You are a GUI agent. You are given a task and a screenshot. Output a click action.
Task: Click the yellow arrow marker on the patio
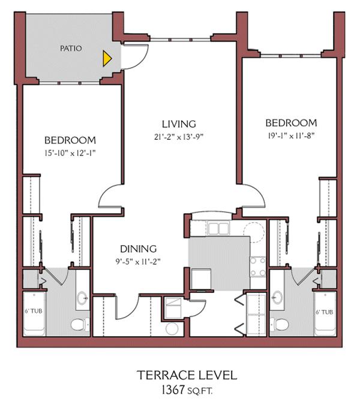coord(107,58)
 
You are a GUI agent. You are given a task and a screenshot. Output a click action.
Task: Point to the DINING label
coord(138,249)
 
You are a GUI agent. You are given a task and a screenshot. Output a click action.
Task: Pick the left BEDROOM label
coord(70,141)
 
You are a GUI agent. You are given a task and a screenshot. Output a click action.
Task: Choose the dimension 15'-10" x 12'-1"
coord(70,153)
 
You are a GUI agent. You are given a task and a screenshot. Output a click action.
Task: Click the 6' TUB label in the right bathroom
coord(326,313)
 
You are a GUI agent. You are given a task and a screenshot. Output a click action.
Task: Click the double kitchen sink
coord(217,229)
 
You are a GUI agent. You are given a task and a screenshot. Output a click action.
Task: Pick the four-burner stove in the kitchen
coord(258,266)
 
